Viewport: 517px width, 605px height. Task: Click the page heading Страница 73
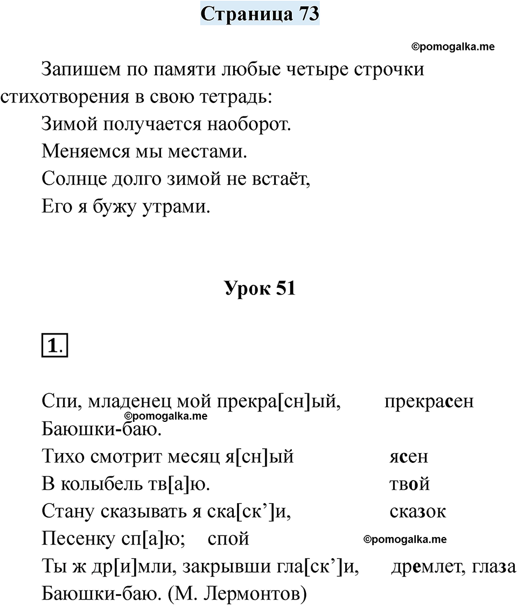pyautogui.click(x=260, y=13)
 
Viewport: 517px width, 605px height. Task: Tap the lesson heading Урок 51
pyautogui.click(x=260, y=289)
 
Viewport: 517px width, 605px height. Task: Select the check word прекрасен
pyautogui.click(x=429, y=402)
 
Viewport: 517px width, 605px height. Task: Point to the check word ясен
pyautogui.click(x=408, y=457)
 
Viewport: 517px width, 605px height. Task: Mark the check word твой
pyautogui.click(x=409, y=484)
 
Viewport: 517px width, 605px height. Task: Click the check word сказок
pyautogui.click(x=417, y=511)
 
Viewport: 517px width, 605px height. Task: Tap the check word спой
pyautogui.click(x=228, y=539)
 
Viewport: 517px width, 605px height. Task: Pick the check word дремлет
pyautogui.click(x=421, y=566)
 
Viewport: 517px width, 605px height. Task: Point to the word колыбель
pyautogui.click(x=94, y=484)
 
